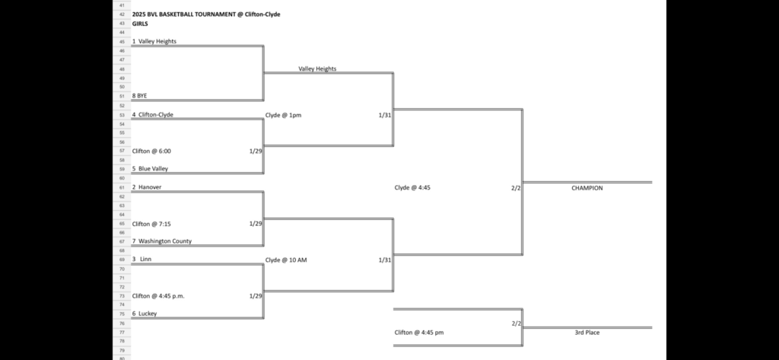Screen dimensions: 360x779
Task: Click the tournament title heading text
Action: (205, 14)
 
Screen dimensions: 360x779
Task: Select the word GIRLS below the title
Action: (140, 24)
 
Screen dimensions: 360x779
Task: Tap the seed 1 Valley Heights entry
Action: (154, 42)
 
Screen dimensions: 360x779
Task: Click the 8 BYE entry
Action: (139, 97)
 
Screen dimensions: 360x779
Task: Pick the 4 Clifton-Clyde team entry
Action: (153, 115)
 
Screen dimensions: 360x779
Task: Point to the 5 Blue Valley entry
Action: (151, 169)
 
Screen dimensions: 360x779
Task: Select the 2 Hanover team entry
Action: (147, 187)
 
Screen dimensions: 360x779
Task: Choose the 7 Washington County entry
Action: (162, 241)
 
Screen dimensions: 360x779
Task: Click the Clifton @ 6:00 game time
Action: (151, 151)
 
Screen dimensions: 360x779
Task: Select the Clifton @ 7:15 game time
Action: (151, 224)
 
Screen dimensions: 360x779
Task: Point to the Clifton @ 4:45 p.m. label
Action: (158, 296)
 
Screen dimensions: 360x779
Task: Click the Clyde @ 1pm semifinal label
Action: (283, 115)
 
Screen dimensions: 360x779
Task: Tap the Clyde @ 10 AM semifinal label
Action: (286, 260)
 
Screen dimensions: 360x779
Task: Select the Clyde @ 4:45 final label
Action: (412, 187)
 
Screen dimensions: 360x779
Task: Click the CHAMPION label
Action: (587, 188)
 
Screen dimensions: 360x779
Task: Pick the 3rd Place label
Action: (587, 333)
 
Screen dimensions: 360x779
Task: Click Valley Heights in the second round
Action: (317, 68)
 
